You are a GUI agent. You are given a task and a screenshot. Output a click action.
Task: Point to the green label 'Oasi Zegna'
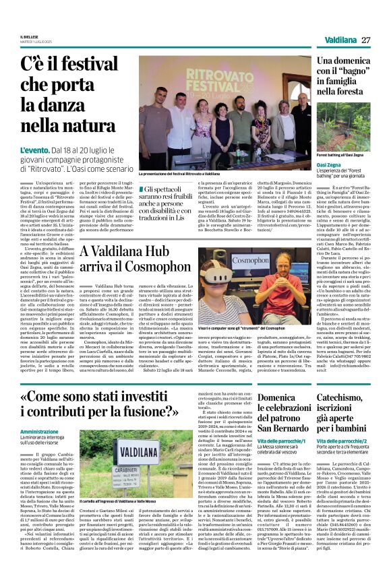[x=329, y=164]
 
